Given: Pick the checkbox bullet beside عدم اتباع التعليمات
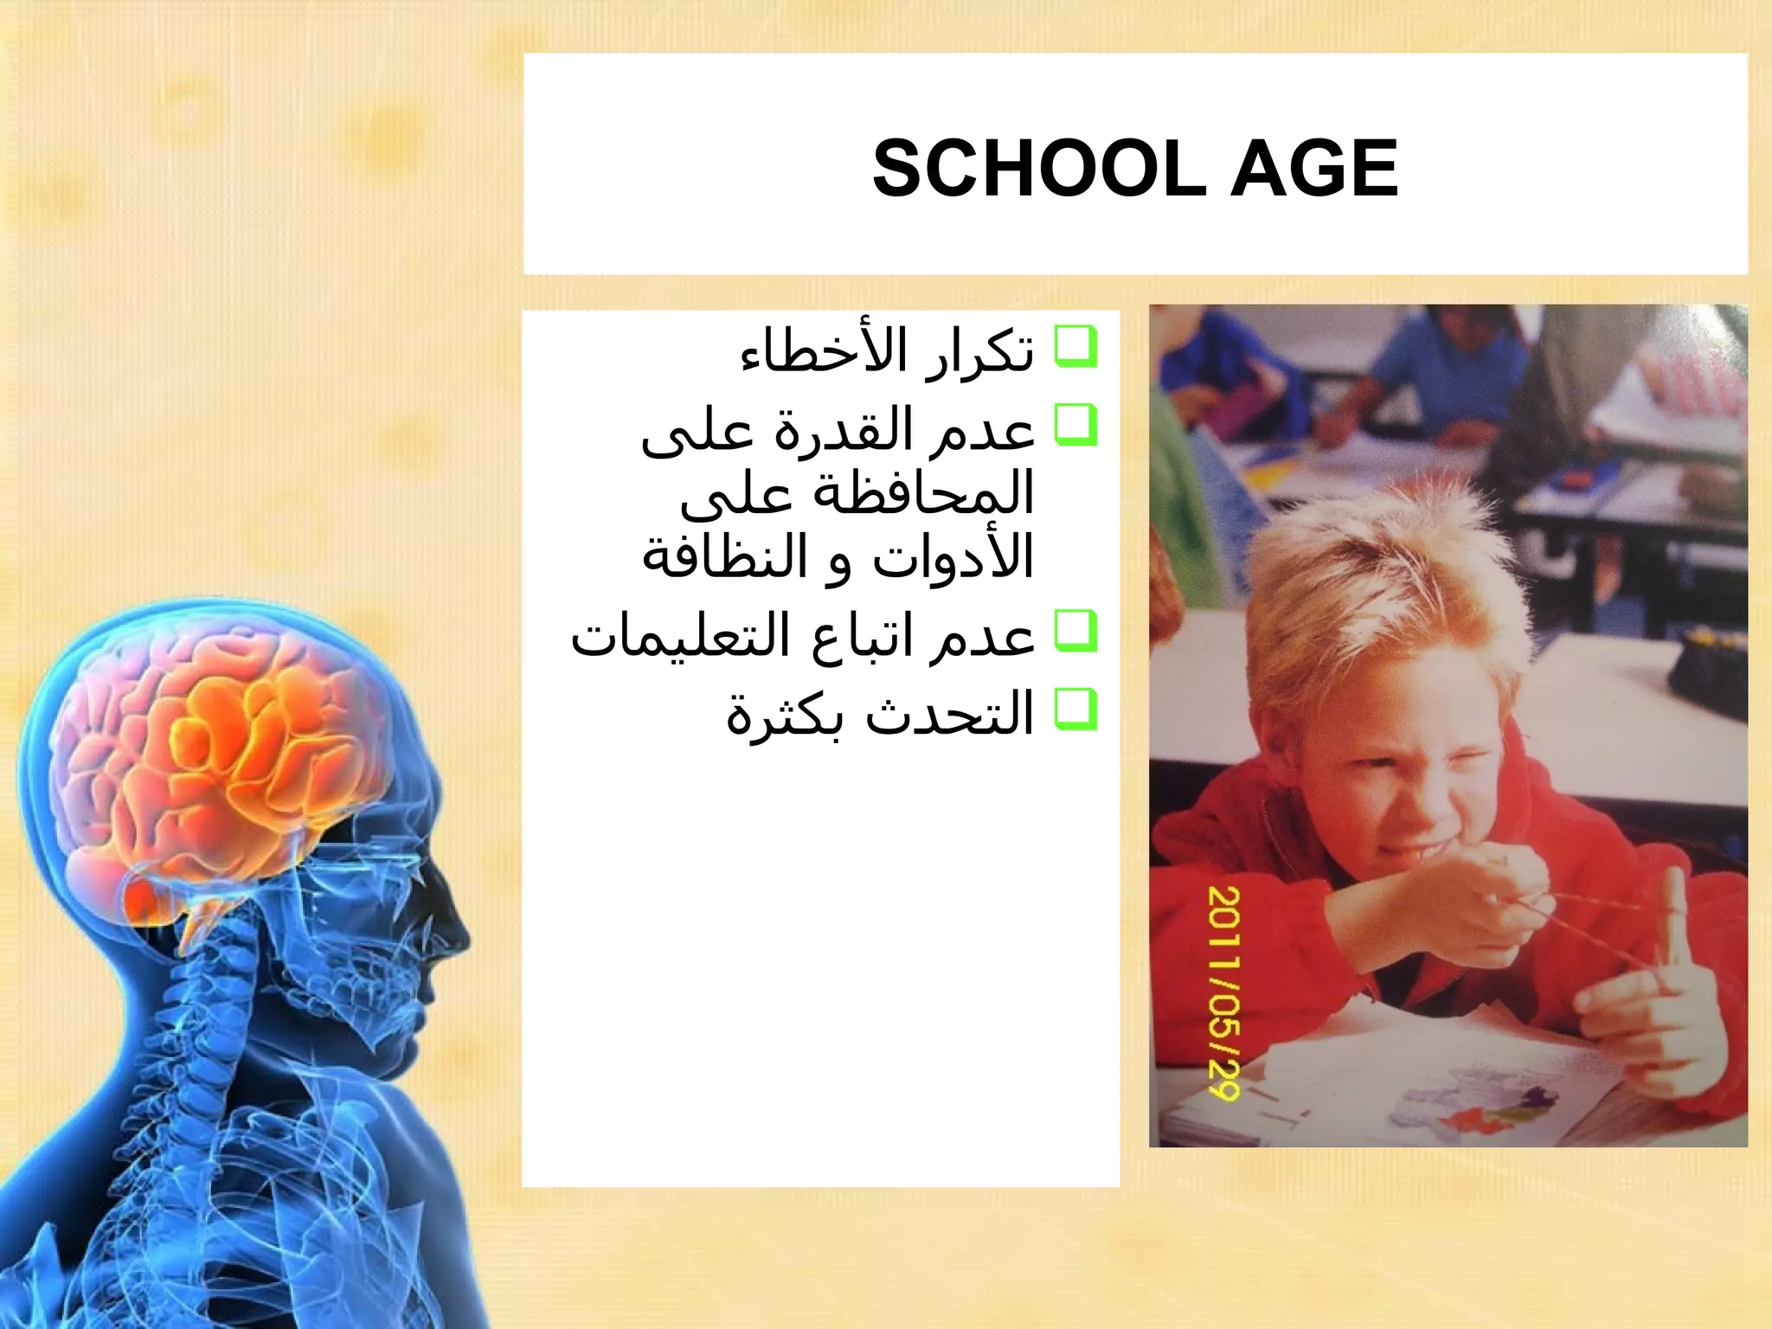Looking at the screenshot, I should [x=1075, y=632].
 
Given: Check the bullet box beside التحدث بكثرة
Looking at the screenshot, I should [x=1075, y=709].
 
